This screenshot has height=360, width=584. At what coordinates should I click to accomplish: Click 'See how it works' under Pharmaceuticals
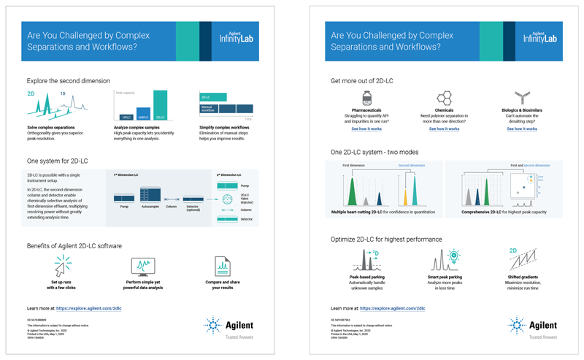pyautogui.click(x=366, y=129)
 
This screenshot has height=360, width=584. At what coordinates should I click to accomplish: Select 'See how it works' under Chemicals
pyautogui.click(x=444, y=129)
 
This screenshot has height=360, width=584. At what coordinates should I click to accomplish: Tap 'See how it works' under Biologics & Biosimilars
pyautogui.click(x=522, y=129)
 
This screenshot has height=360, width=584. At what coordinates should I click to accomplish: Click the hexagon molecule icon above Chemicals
pyautogui.click(x=444, y=98)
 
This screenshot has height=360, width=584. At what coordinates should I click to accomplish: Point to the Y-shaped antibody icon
pyautogui.click(x=522, y=98)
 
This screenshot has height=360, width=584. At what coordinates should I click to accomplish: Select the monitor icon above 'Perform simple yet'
pyautogui.click(x=142, y=266)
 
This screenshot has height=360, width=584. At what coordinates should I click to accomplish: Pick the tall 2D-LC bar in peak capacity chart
pyautogui.click(x=161, y=104)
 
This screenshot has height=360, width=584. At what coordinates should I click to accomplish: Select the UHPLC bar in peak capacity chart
pyautogui.click(x=143, y=112)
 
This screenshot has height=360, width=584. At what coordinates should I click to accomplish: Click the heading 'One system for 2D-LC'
pyautogui.click(x=58, y=161)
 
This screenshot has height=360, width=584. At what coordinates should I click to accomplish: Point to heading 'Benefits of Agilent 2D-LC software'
pyautogui.click(x=74, y=245)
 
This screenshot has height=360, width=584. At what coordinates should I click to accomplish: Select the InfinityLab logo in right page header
pyautogui.click(x=539, y=38)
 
